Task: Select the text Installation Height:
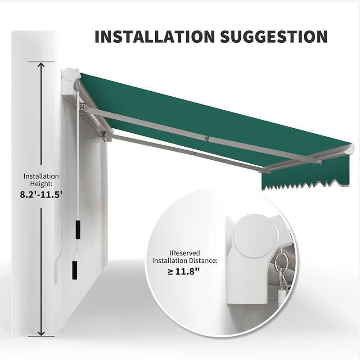click(x=41, y=180)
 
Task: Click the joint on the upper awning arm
click(x=207, y=138)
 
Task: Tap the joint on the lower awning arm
click(x=193, y=154)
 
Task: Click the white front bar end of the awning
click(x=349, y=149)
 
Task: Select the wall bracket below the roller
click(x=83, y=106)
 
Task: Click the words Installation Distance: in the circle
click(x=185, y=261)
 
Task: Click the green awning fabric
click(x=202, y=112)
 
